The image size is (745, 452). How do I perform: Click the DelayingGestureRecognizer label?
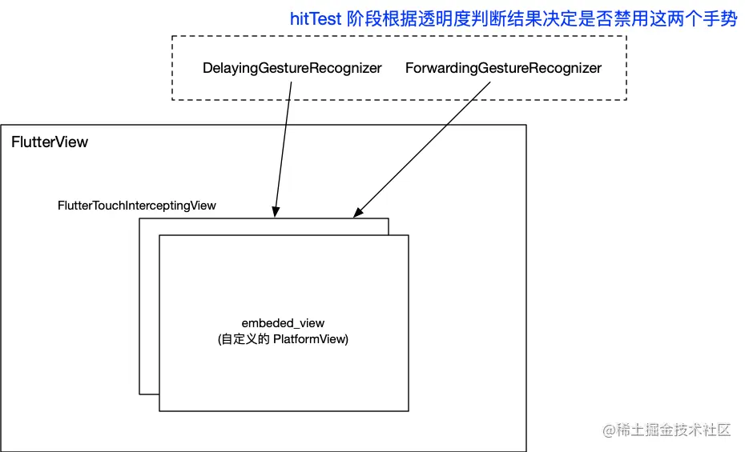pyautogui.click(x=292, y=68)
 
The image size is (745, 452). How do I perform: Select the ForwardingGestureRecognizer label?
pyautogui.click(x=503, y=68)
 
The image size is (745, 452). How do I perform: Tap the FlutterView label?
pyautogui.click(x=50, y=142)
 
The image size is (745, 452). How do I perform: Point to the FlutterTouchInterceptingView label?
pyautogui.click(x=137, y=206)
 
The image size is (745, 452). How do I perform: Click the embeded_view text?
pyautogui.click(x=283, y=323)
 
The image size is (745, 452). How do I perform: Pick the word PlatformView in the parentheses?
pyautogui.click(x=310, y=339)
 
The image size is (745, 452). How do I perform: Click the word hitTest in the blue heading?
pyautogui.click(x=316, y=18)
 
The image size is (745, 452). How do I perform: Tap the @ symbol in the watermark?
pyautogui.click(x=608, y=430)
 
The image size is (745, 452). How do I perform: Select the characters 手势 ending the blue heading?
pyautogui.click(x=719, y=18)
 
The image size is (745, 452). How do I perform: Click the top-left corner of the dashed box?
pyautogui.click(x=172, y=37)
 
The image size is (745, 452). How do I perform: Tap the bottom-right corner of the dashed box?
pyautogui.click(x=626, y=99)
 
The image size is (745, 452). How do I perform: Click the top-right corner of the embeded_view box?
pyautogui.click(x=409, y=235)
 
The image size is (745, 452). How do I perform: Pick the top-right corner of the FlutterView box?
pyautogui.click(x=526, y=125)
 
